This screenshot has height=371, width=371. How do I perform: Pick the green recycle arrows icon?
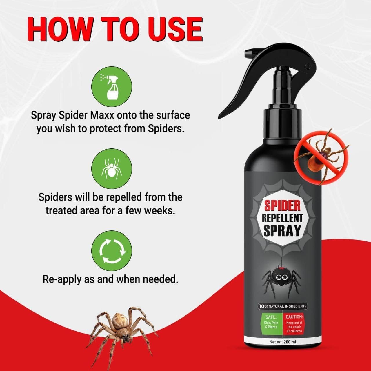coord(112,251)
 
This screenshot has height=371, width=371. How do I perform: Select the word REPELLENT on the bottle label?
coord(282,218)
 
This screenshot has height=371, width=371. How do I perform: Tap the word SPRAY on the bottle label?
coord(282,231)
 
